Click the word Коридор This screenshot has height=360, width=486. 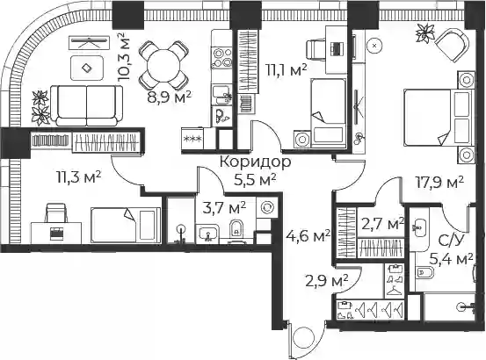click(x=256, y=162)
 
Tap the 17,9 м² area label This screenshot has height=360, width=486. click(x=439, y=183)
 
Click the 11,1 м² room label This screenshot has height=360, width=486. click(x=287, y=70)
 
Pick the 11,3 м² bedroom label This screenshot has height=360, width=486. click(x=79, y=177)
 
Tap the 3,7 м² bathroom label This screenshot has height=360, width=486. click(x=224, y=208)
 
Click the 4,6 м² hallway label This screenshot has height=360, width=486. click(x=308, y=236)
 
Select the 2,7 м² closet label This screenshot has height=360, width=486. click(x=383, y=224)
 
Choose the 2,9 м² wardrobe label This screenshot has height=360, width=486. click(x=327, y=281)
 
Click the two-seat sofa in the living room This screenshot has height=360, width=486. click(x=86, y=105)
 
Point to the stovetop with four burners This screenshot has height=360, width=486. click(x=221, y=57)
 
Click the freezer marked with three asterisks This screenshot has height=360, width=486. click(x=192, y=139)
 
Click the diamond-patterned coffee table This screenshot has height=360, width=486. click(x=87, y=68)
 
